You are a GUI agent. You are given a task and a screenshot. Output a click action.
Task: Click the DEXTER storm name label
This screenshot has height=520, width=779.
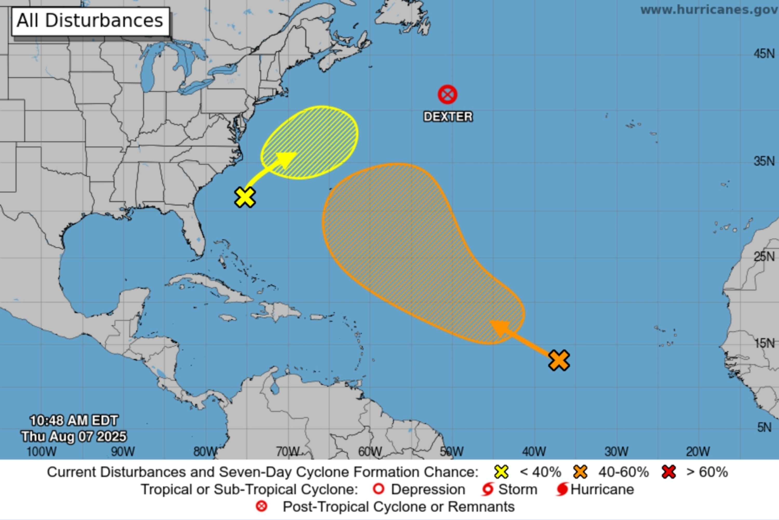pos(448,116)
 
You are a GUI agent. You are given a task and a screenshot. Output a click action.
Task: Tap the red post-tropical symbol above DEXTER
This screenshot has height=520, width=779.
pos(447,95)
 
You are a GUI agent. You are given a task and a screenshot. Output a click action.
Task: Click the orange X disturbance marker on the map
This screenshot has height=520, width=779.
pos(559,360)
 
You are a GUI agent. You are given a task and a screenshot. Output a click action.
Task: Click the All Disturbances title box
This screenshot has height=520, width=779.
pos(90,21)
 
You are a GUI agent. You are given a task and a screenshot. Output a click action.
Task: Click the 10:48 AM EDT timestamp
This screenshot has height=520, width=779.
pos(73,421)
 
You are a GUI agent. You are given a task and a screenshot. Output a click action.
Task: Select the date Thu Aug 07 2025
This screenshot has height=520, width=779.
pos(73,436)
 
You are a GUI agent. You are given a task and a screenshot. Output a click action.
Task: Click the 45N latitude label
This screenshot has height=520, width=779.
pos(764,54)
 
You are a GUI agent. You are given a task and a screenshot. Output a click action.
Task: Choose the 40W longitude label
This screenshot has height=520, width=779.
pos(534,451)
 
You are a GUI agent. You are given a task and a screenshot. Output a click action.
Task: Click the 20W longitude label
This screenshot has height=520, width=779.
pos(698,451)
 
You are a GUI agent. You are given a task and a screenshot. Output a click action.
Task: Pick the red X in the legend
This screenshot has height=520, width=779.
pos(669,472)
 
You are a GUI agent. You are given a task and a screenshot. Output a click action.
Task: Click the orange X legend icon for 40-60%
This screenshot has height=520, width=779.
pos(580,472)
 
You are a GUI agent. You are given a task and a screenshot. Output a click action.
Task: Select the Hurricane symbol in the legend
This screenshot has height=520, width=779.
pos(562,490)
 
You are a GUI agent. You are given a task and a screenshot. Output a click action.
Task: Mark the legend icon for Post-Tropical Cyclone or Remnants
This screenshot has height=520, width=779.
pos(261,506)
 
